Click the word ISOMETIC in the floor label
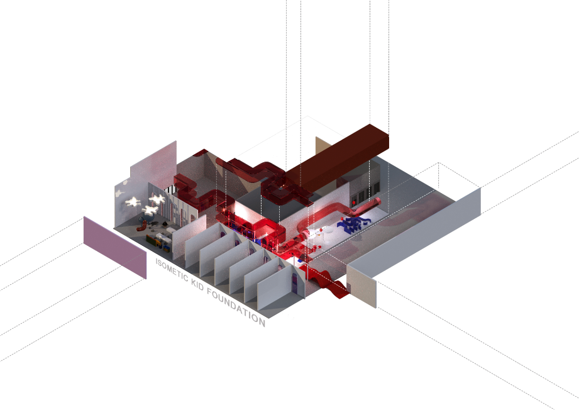pos(172,270)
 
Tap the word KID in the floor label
pos(198,284)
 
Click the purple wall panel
pos(115,247)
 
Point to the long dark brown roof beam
pos(337,158)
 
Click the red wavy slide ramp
pos(327,282)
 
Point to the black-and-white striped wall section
pos(170,190)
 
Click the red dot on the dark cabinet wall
pos(354,202)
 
